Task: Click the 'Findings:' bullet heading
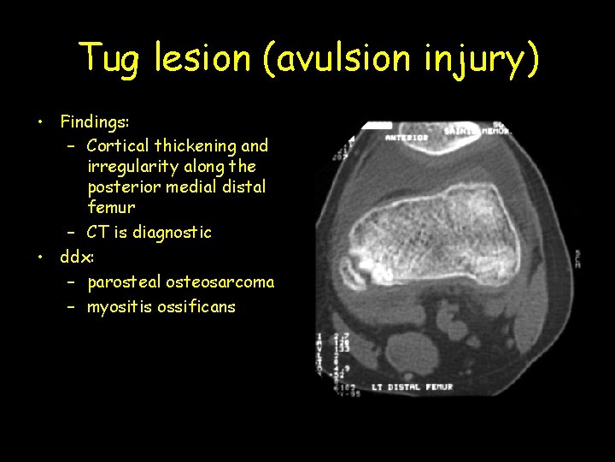[93, 121]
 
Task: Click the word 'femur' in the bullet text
[111, 207]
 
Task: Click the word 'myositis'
[121, 306]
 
